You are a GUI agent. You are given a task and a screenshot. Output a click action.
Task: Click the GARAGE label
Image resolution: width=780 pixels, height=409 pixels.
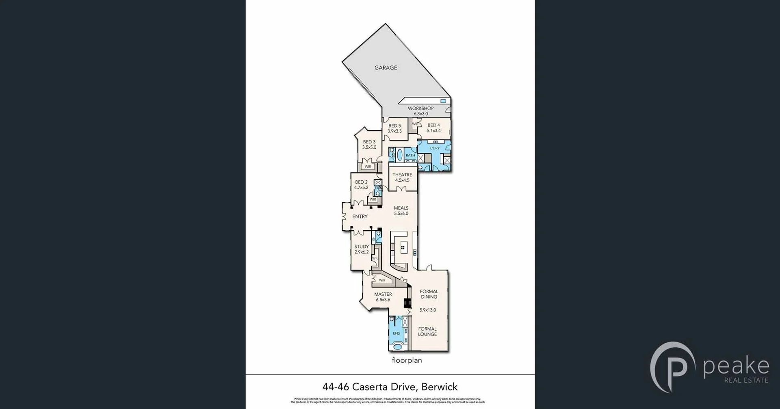coord(386,68)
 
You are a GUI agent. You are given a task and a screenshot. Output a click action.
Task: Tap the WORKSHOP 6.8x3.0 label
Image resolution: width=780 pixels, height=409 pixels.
coord(420,111)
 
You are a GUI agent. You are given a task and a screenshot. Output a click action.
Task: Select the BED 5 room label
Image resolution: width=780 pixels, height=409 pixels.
coord(394,128)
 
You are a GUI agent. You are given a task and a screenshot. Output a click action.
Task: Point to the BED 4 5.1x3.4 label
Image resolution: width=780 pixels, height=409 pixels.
coord(433,128)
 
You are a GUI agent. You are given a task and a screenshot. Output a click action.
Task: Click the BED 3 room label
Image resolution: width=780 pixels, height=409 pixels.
coord(369,145)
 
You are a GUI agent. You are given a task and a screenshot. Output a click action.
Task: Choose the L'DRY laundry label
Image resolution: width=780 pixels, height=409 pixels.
coord(435,148)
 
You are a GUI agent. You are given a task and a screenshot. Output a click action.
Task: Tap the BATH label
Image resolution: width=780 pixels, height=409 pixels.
coord(410,156)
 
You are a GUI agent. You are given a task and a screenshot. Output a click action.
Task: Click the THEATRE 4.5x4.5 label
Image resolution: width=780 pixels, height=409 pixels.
coord(402,177)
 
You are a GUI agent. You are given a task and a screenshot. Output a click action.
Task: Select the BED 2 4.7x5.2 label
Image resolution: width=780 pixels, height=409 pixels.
coord(361,185)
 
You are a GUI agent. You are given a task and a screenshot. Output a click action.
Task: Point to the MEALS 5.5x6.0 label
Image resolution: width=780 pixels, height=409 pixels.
coord(401,210)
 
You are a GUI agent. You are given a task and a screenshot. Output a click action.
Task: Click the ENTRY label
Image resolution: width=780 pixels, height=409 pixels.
coord(360,216)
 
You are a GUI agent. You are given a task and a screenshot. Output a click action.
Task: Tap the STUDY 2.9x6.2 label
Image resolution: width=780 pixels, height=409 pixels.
coord(362,249)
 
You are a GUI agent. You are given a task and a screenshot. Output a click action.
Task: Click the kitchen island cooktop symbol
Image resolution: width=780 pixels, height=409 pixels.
coord(403,247)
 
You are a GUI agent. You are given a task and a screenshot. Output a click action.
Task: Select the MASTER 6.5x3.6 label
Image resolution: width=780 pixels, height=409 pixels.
coord(383,297)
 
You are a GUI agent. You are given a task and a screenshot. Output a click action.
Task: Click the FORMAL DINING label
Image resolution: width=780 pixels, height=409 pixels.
coord(429,294)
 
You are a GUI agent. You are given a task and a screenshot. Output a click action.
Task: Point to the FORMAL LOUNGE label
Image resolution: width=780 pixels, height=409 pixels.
coord(427,331)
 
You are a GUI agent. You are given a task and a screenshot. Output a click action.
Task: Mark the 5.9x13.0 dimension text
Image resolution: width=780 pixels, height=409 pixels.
coord(427,310)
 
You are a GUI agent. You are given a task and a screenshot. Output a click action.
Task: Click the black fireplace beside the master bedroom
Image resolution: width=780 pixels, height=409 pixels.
coord(407,303)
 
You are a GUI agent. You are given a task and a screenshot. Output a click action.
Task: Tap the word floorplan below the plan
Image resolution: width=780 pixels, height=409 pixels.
coord(407,360)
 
